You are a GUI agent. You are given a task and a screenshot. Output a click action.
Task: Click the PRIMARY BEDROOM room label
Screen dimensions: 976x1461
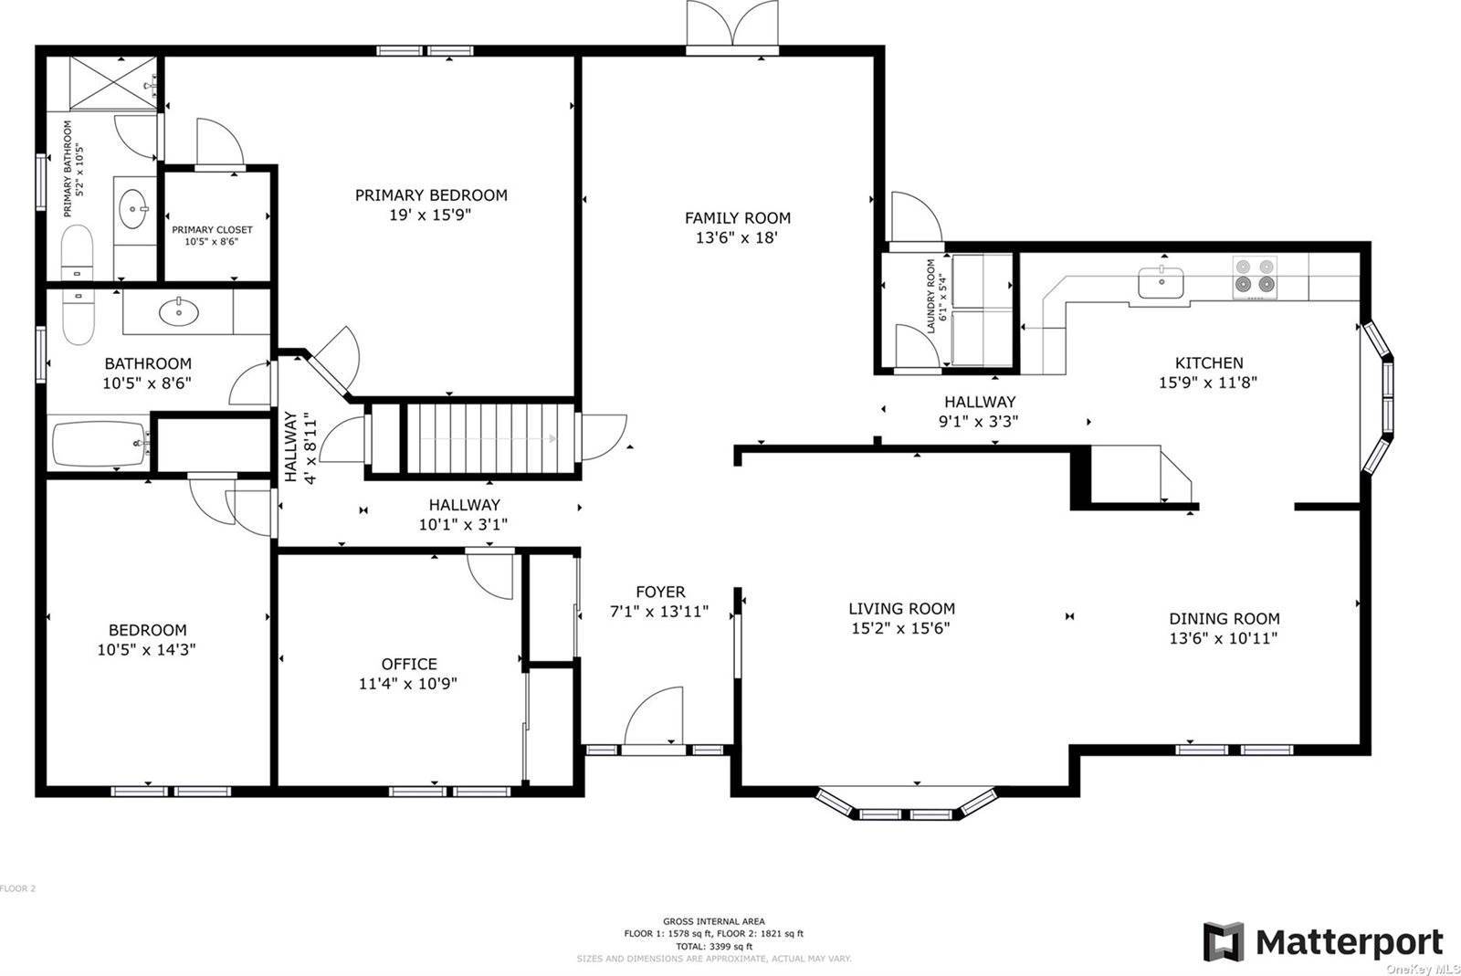(x=431, y=195)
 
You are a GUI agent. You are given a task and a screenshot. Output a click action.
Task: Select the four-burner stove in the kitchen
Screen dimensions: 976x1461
(x=1255, y=276)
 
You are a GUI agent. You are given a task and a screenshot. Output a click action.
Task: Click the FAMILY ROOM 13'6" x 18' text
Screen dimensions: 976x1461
(x=737, y=227)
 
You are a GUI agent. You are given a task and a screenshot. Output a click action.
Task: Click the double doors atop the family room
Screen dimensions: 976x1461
(x=733, y=25)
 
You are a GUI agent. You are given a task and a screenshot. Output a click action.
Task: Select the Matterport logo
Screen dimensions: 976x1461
(x=1323, y=942)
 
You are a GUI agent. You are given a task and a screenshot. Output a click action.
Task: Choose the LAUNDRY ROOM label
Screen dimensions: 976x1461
(x=931, y=296)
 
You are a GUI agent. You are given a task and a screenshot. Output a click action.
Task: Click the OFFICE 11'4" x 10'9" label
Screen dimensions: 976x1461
(x=408, y=674)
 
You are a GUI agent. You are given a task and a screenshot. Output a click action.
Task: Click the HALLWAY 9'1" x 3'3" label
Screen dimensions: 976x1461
(x=980, y=411)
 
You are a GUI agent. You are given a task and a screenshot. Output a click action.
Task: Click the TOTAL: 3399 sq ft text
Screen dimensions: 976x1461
(x=713, y=947)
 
